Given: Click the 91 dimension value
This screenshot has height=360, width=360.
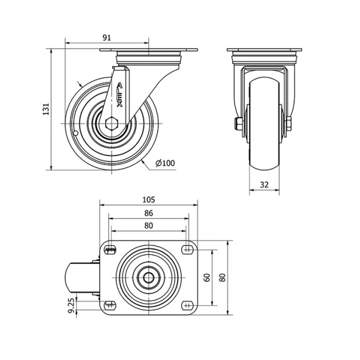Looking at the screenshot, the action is pos(107,38).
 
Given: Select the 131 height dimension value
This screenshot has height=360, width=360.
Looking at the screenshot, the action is pos(46,109).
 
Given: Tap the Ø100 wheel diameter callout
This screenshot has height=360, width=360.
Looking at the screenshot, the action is pos(166,163).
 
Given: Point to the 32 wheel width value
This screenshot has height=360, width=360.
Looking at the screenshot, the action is pos(264,185).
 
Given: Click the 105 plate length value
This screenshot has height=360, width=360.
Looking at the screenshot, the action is pos(149,200).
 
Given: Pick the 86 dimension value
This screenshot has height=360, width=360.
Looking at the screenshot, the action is pos(149,213).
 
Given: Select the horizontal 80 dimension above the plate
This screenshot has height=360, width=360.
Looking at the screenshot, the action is pos(149,226).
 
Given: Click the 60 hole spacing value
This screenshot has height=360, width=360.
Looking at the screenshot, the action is pos(208,278).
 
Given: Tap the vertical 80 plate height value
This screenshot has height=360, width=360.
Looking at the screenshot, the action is pos(223,278).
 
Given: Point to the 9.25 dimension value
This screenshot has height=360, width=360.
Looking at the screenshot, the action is pos(71,305).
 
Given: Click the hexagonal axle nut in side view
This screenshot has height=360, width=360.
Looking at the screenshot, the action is pos(112,124).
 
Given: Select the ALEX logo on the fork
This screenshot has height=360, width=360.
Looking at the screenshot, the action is pos(119,95).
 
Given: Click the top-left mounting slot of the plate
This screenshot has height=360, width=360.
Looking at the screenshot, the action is pos(110,250).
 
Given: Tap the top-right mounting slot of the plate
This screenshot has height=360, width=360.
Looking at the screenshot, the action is pos(187,250).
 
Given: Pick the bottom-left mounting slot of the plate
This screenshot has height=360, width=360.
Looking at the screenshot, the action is pos(110,305).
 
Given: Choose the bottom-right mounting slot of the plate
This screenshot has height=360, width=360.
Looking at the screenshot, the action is pos(187,305).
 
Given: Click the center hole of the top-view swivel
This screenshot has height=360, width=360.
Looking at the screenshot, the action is pos(149,278).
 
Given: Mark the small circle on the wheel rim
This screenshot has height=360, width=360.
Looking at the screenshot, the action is pos(76,133).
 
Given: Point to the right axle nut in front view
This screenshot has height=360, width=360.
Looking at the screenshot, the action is pos(289,124).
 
